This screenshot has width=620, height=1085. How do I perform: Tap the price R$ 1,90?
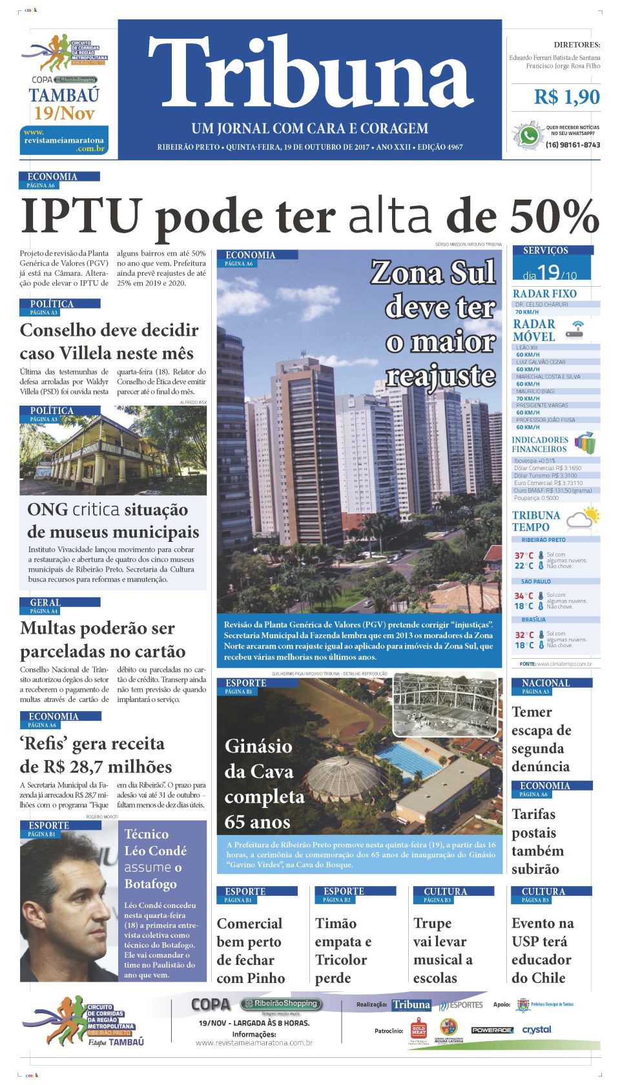click(x=566, y=97)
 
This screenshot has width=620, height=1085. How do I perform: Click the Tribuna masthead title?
click(x=310, y=72)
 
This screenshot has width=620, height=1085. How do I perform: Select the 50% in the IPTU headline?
click(x=554, y=216)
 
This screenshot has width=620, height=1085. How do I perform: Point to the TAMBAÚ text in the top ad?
click(x=64, y=96)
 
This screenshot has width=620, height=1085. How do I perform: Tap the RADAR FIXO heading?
click(x=544, y=294)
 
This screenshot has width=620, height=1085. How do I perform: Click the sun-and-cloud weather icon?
click(x=583, y=519)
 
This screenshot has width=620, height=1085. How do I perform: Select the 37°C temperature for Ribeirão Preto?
click(x=524, y=555)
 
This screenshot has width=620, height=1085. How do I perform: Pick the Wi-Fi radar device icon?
click(x=575, y=331)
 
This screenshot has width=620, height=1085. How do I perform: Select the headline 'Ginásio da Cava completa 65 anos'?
click(x=263, y=784)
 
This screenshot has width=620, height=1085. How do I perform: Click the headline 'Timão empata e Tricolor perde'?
click(x=342, y=950)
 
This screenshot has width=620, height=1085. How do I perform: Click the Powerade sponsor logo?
click(x=491, y=1030)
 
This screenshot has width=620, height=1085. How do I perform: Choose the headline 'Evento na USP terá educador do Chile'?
click(x=542, y=950)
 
